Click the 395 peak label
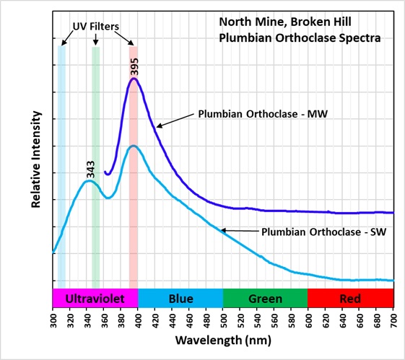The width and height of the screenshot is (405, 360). (x=134, y=66)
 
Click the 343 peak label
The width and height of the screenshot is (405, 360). (x=90, y=170)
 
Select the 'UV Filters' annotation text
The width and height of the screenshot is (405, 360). (x=96, y=26)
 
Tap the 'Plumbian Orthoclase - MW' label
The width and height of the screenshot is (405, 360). (x=263, y=114)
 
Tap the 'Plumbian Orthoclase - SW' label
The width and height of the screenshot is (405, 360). (x=324, y=232)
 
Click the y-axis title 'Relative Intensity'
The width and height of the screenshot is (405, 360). (x=36, y=159)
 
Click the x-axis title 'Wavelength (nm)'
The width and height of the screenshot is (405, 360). (x=223, y=340)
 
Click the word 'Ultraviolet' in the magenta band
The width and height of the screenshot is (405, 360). (x=95, y=299)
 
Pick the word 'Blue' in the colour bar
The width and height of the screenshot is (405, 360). (x=180, y=299)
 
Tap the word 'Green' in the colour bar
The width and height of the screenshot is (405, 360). (x=265, y=299)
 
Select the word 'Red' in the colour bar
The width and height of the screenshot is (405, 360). (x=350, y=299)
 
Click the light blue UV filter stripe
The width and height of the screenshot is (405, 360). (x=62, y=167)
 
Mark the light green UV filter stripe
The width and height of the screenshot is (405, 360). (x=96, y=167)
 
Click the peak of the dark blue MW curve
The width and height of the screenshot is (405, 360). (x=134, y=79)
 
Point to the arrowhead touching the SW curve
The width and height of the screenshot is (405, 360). (x=224, y=230)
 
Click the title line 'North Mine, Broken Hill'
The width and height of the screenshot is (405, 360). (x=285, y=22)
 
